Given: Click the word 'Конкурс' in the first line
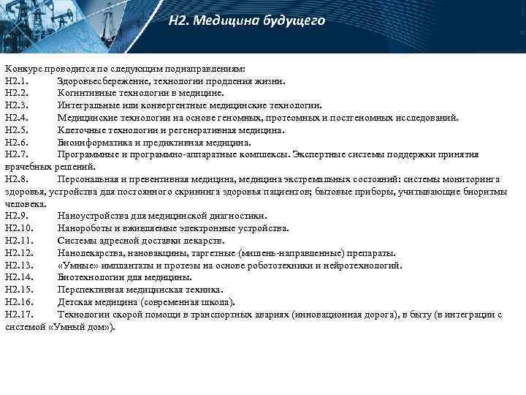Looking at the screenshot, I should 23,69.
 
